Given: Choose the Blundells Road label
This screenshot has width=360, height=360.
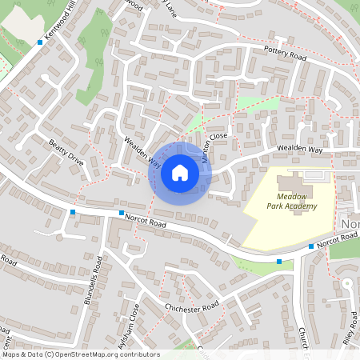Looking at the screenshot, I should point(94,280).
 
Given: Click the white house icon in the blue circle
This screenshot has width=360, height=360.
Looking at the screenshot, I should point(180,173).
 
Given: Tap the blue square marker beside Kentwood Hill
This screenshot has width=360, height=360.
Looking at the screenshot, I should point(39,42).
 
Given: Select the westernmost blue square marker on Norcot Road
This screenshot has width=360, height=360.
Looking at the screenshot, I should point(73,212).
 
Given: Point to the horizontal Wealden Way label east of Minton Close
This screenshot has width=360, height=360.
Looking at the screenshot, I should point(299,150).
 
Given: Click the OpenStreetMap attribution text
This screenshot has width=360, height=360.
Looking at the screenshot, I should point(80,354).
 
